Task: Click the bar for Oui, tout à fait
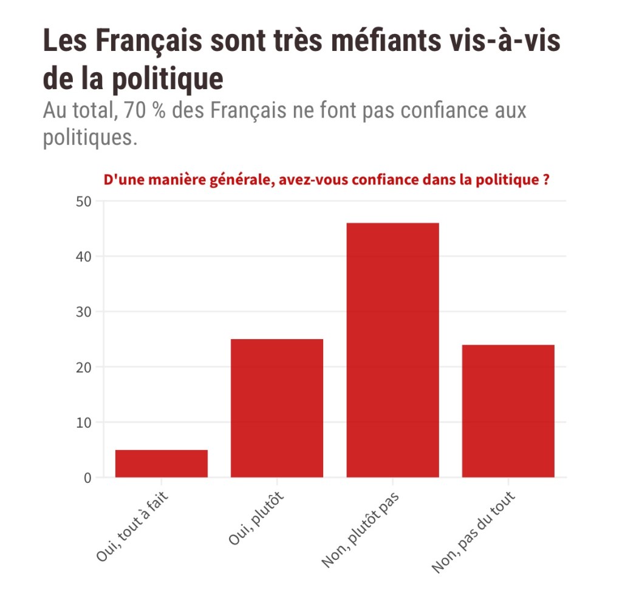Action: click(162, 463)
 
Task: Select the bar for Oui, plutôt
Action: click(277, 408)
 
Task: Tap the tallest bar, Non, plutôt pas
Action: click(392, 350)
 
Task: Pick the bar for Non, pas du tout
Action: click(508, 411)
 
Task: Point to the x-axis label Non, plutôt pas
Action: click(360, 530)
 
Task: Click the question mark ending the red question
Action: click(545, 180)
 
